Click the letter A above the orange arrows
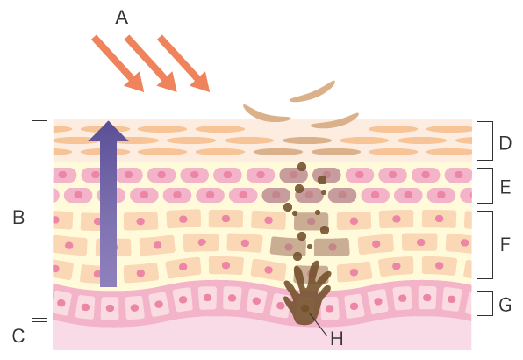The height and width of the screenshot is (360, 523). [x=122, y=17]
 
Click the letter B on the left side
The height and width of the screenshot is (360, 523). [x=18, y=217]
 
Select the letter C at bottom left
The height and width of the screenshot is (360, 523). [x=18, y=335]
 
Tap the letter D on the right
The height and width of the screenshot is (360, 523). [x=505, y=143]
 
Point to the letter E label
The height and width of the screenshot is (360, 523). [x=505, y=187]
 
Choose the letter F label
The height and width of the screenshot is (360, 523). [x=505, y=244]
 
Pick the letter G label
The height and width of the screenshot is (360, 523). [x=505, y=305]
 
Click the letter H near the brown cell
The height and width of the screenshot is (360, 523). [x=337, y=339]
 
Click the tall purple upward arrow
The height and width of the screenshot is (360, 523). [x=108, y=204]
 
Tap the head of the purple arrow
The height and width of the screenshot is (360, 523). [x=108, y=131]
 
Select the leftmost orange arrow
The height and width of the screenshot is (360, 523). [x=118, y=63]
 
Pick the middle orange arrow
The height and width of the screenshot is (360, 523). [x=151, y=63]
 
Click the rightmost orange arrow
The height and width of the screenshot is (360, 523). [x=183, y=63]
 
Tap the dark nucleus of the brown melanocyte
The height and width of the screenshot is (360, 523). [x=304, y=308]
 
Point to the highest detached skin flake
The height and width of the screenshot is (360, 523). [x=312, y=91]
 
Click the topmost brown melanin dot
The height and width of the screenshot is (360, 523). [x=302, y=167]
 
